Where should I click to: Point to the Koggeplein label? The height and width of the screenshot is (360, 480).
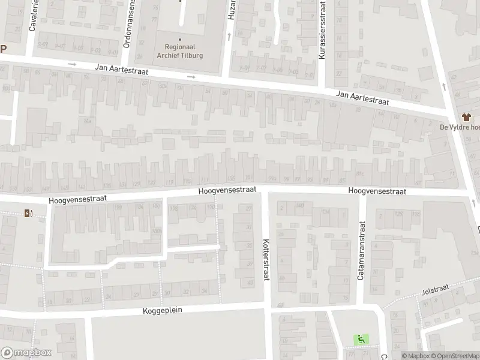point(162,310)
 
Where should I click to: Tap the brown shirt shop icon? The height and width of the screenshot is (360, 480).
point(466,117)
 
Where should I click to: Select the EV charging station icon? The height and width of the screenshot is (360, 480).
point(28,213)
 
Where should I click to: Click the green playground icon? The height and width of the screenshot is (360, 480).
point(361,339)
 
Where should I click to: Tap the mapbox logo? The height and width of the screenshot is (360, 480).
point(26,353)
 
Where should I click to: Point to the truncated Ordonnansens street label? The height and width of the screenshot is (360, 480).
point(127,24)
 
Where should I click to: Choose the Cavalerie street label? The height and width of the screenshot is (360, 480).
point(33,16)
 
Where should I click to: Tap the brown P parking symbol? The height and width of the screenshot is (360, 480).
point(2,50)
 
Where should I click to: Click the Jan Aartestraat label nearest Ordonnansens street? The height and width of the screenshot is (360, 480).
point(121,70)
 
